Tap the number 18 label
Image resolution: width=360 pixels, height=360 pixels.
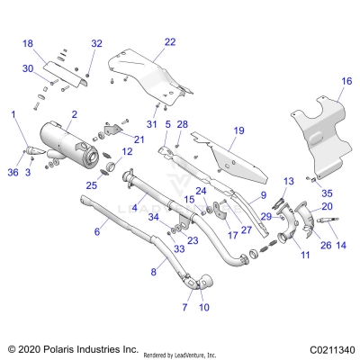tap(27, 43)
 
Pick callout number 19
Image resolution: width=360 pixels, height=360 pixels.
tap(238, 130)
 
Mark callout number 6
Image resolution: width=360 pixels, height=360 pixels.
tap(96, 232)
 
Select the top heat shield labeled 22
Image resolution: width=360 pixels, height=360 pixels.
tap(148, 76)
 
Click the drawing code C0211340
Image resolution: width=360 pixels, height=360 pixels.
tap(324, 347)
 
